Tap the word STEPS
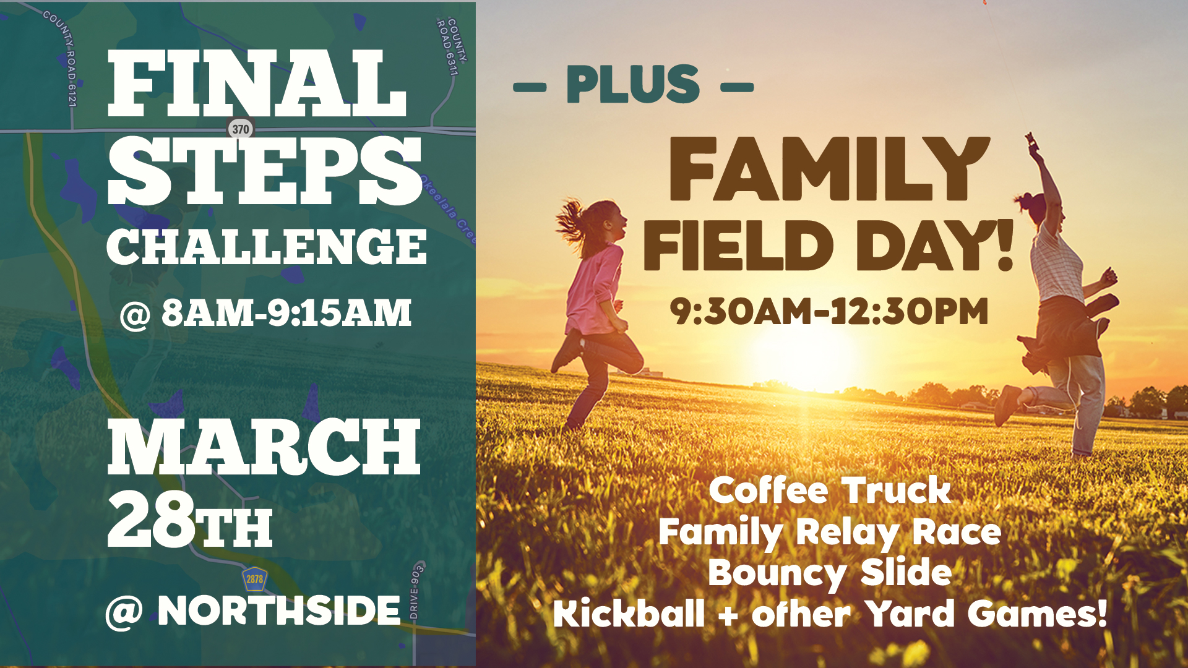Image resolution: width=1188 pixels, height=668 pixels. click(265, 171)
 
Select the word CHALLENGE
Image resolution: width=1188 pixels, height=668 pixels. click(267, 246)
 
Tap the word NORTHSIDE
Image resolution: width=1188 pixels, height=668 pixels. click(279, 611)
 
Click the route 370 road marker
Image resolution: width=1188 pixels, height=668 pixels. click(240, 129)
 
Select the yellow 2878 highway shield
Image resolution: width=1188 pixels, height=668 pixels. click(254, 579)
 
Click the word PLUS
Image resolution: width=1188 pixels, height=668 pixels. click(633, 84)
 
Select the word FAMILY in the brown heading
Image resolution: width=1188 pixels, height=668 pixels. click(830, 169)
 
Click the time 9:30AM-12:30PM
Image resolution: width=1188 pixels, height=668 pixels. click(829, 311)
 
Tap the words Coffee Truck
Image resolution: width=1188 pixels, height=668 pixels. click(830, 490)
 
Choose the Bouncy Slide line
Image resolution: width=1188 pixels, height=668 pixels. click(830, 573)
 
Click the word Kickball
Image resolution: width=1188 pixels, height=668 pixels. click(629, 613)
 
